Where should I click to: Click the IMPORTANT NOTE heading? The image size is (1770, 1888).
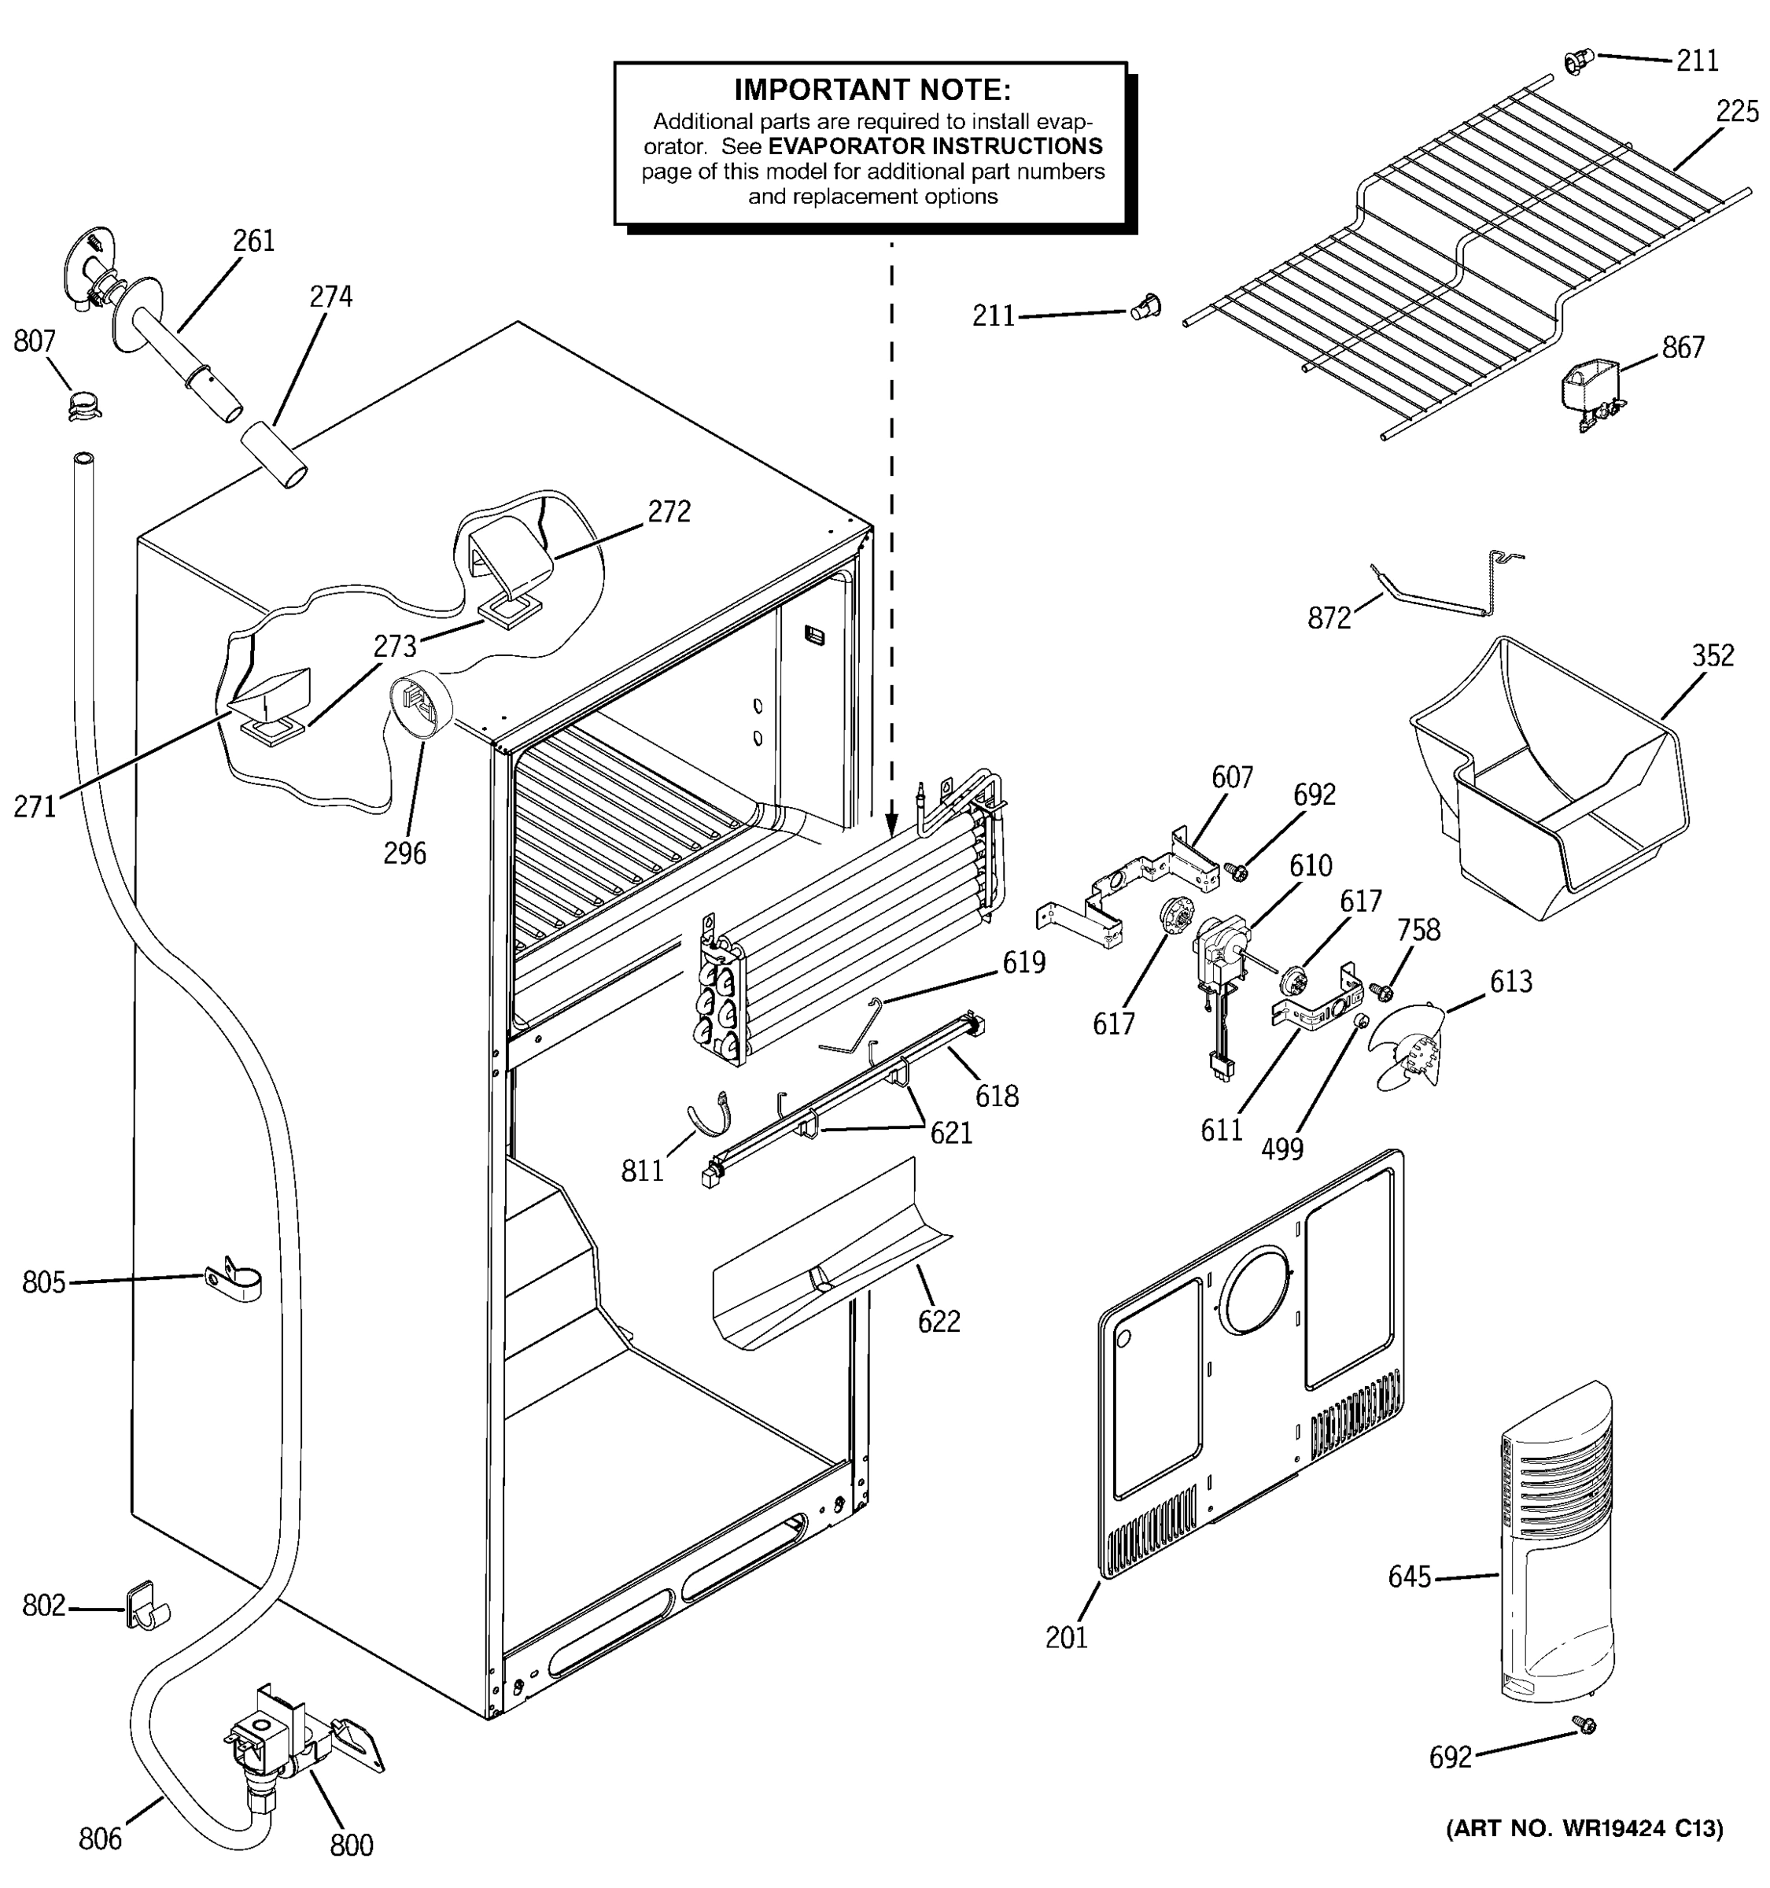pos(872,90)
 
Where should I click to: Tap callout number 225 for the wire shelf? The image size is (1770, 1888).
pos(1737,112)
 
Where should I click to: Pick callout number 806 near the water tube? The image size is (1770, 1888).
pos(100,1838)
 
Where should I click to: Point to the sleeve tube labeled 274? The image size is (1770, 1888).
pos(274,455)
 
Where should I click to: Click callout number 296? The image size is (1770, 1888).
pos(404,853)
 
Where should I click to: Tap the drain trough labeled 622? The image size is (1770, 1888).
pos(826,1263)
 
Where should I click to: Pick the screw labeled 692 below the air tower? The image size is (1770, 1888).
pos(1583,1724)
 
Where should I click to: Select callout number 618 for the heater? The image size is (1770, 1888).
pos(996,1096)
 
